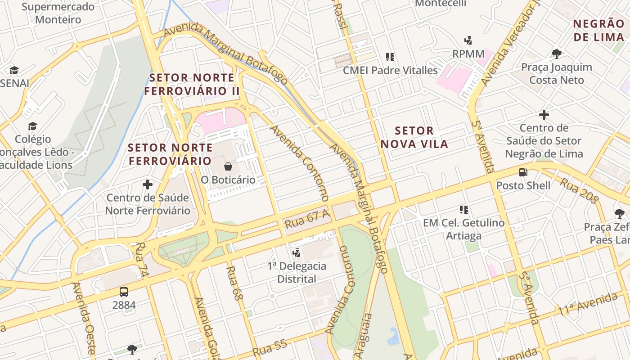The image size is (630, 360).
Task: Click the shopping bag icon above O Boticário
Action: [x=228, y=166]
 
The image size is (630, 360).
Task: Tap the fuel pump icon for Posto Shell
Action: [x=523, y=172]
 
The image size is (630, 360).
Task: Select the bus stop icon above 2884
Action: [x=124, y=292]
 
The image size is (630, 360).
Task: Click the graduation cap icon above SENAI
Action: [x=14, y=70]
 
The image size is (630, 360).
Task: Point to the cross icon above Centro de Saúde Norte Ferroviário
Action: [x=148, y=184]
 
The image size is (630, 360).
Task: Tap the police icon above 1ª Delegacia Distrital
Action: [x=296, y=253]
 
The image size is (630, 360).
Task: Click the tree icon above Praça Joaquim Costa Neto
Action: [x=557, y=54]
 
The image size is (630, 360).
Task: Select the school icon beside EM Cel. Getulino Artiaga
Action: [x=464, y=210]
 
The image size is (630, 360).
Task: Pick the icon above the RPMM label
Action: [x=468, y=40]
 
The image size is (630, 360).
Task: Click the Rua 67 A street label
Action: [x=307, y=219]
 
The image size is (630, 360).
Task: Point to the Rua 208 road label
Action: [x=579, y=190]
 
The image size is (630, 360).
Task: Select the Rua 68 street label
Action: [x=234, y=283]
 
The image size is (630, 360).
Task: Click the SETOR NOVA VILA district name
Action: [x=414, y=137]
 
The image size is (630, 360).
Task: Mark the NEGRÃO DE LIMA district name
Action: [x=598, y=30]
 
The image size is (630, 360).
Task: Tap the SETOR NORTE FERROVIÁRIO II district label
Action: [x=192, y=84]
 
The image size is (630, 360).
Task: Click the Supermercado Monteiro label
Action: [x=58, y=13]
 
